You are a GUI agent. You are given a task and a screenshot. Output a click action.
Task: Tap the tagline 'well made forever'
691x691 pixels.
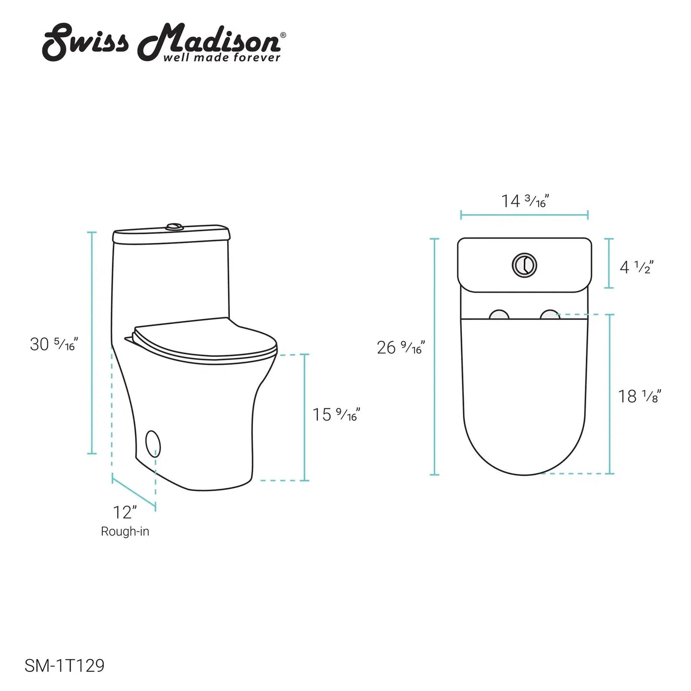click(x=221, y=57)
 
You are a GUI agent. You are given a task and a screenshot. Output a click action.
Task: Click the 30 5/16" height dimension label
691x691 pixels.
click(x=54, y=344)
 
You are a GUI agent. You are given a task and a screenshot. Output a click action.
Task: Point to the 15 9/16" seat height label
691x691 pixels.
click(x=336, y=415)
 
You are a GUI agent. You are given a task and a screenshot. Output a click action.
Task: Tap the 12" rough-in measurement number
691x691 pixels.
click(x=125, y=513)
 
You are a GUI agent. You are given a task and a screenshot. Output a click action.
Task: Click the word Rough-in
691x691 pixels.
click(x=125, y=531)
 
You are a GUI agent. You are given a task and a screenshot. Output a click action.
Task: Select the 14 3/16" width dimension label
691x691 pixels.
click(x=525, y=201)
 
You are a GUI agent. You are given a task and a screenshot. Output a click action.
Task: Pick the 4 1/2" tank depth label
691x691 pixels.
click(x=636, y=267)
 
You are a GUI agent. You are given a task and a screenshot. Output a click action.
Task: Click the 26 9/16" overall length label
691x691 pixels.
click(x=401, y=347)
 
